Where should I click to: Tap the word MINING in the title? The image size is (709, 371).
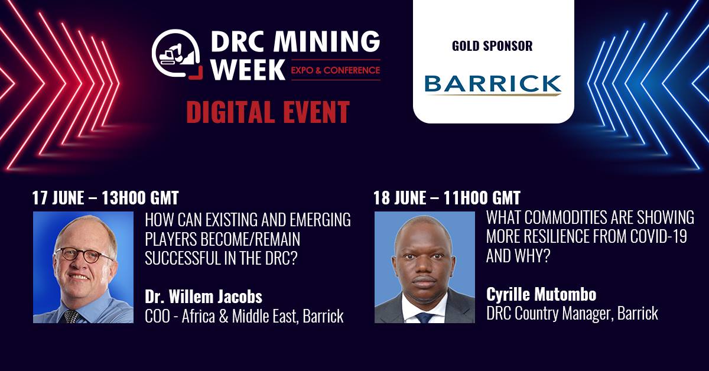point(327,41)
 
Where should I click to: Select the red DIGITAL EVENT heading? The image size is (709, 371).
point(268,112)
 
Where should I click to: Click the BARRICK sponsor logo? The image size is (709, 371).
point(493,85)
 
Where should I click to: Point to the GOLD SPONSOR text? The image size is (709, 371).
point(492,46)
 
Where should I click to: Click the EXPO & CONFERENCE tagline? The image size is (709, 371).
point(336,70)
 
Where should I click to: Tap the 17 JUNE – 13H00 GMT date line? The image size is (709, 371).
point(105,198)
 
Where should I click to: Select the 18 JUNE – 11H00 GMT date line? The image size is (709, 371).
point(447,198)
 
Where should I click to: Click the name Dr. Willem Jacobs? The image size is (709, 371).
point(203,297)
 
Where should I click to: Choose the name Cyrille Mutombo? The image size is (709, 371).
point(541,294)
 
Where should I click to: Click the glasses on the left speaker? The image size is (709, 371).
point(83,255)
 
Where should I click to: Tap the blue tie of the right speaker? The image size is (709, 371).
point(424,317)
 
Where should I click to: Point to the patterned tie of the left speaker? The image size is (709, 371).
point(71,316)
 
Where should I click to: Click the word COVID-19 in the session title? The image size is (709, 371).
point(659,236)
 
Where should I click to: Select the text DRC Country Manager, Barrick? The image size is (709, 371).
point(573,313)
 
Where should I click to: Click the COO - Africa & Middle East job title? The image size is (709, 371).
point(244,316)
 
